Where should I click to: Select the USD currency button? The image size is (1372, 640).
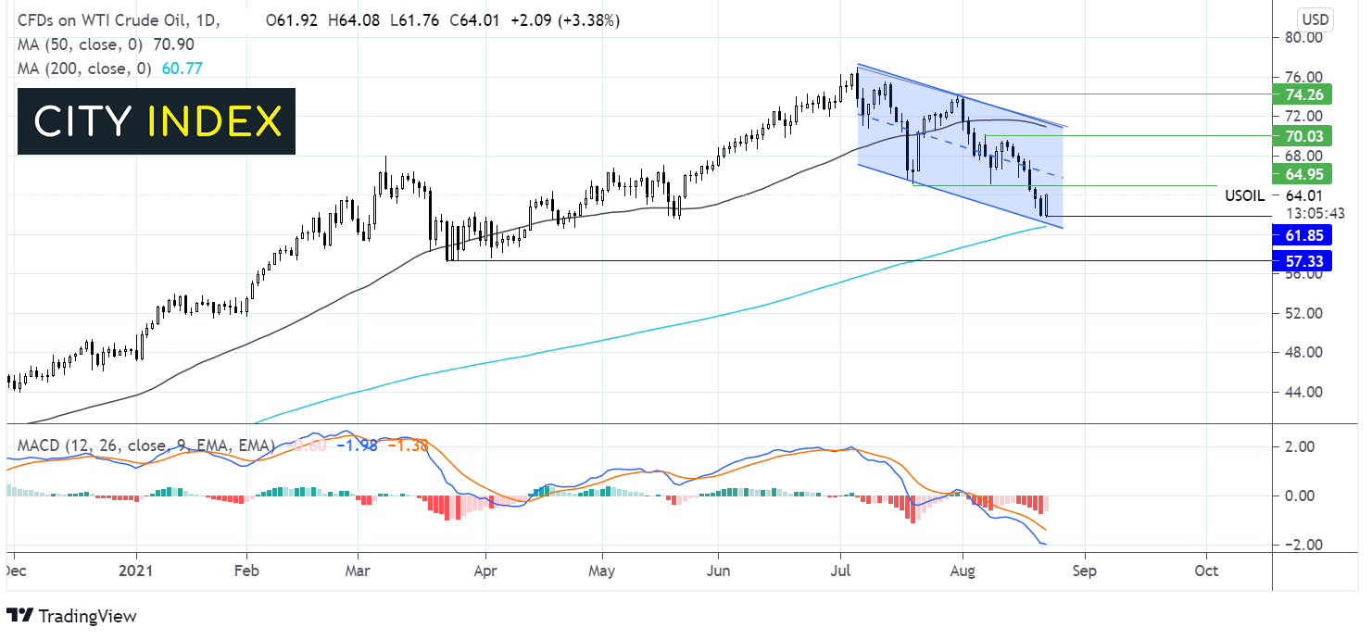tap(1315, 19)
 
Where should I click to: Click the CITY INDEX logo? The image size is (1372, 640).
tap(157, 121)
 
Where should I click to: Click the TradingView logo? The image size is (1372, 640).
tap(71, 616)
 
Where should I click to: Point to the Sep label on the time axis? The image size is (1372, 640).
tap(1084, 571)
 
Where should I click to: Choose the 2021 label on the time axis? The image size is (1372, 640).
tap(136, 571)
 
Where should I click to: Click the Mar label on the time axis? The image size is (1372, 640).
tap(358, 571)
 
